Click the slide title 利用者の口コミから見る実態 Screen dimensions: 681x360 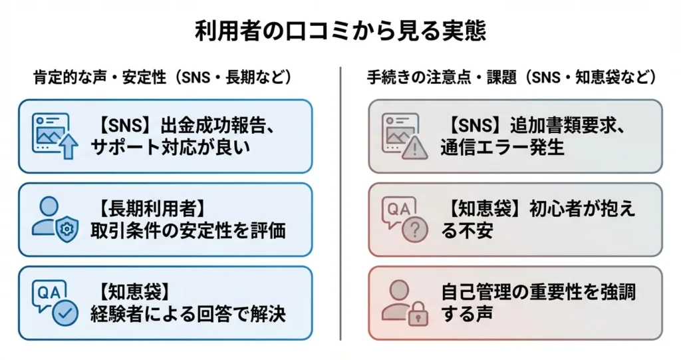pos(340,31)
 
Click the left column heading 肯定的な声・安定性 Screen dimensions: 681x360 pos(100,77)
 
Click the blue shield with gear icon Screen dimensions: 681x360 pos(67,228)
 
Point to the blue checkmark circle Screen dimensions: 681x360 pos(65,312)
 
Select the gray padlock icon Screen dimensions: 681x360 pos(418,313)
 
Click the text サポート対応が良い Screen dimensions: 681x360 pos(171,147)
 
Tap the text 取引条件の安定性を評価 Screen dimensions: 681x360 pos(188,230)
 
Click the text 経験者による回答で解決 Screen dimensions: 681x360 pos(188,314)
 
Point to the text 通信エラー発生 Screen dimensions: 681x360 pos(503,147)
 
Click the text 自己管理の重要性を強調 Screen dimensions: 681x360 pos(538,292)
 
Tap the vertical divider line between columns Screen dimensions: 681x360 pos(340,204)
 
